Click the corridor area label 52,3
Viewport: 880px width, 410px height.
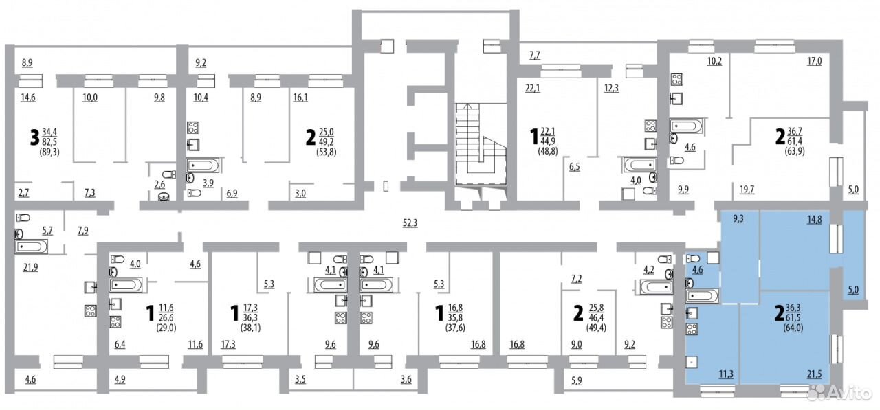click(410, 223)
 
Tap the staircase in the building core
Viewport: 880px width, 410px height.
click(481, 144)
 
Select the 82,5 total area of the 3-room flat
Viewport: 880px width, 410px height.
click(49, 141)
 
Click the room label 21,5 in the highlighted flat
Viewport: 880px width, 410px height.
click(815, 374)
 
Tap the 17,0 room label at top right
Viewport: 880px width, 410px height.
click(815, 61)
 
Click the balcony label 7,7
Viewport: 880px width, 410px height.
click(534, 56)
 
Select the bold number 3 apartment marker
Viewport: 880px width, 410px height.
click(35, 137)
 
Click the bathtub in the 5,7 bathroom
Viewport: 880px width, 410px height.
click(31, 247)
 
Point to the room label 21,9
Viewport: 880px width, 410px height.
click(30, 268)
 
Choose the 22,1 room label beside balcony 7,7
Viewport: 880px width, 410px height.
click(533, 89)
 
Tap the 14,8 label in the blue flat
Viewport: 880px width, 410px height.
click(815, 219)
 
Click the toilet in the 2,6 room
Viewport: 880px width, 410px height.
click(169, 174)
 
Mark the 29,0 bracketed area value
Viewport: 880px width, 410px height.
click(166, 328)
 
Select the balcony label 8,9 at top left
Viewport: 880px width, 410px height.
click(27, 62)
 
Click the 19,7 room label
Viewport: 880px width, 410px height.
click(747, 190)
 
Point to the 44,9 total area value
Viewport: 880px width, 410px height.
click(548, 141)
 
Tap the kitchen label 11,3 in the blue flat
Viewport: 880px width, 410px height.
click(726, 374)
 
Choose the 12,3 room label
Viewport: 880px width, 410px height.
click(611, 89)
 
